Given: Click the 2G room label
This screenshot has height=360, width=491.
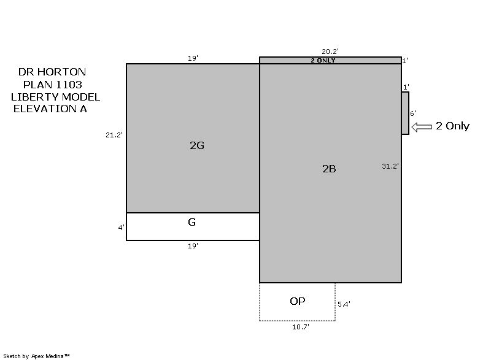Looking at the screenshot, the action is pos(197,145).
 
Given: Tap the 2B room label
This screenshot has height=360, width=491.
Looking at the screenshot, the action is pos(329,169).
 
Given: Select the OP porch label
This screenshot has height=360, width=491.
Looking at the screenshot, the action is pos(298,301).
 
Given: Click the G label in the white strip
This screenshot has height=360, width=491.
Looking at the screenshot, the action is pos(192,222).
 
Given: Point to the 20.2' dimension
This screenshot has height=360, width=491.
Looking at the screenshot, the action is pos(330,52).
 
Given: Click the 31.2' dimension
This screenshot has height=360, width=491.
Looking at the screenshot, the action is pos(390,166).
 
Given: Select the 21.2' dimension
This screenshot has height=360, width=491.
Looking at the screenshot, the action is pos(114,135).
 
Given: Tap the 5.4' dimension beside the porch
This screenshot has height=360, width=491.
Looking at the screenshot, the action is pos(344,304).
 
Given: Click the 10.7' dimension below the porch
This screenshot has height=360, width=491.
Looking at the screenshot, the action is pos(301,327).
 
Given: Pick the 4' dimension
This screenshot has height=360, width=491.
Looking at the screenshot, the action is pos(121,228).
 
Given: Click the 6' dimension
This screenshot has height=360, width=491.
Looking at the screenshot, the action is pos(413,113).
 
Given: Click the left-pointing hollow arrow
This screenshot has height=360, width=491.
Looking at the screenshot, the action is pos(422,127).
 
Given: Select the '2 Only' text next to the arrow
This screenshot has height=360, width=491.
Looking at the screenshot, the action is pos(453,126).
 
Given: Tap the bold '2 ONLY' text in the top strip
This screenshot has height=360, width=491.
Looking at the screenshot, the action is pos(323,60).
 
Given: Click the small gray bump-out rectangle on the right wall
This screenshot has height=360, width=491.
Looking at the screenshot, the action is pos(405,113).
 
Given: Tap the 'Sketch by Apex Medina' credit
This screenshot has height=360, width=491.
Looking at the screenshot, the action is pos(36,356).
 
